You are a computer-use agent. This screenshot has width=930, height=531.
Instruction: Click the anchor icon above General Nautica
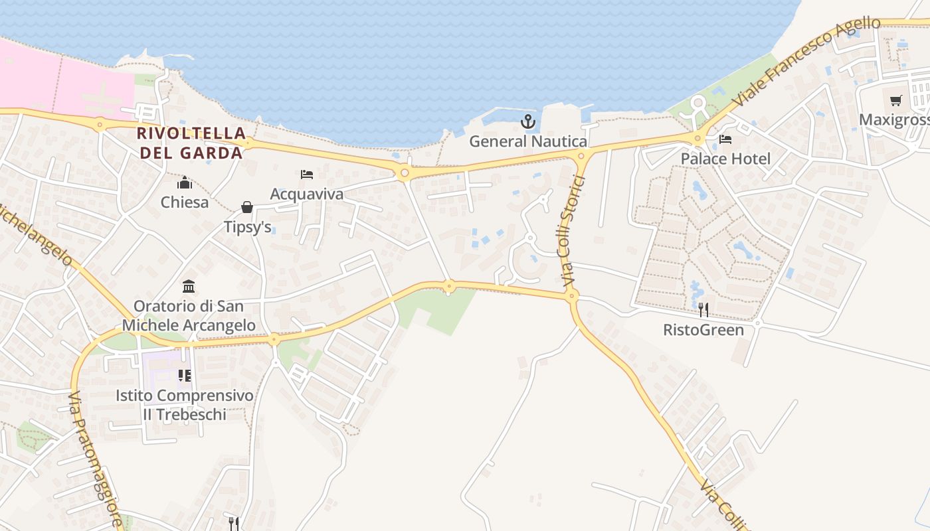(528, 121)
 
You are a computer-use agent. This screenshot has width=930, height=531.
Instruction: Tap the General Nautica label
(528, 141)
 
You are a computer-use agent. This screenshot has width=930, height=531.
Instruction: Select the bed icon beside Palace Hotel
(725, 139)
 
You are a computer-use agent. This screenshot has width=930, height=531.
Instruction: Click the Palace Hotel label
(725, 159)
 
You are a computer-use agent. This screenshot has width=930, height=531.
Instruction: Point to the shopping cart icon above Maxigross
(896, 101)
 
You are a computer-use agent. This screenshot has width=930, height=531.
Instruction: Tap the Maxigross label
(894, 119)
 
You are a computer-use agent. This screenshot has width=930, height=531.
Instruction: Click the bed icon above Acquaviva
(307, 175)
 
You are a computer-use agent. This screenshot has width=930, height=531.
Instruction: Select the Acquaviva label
(307, 194)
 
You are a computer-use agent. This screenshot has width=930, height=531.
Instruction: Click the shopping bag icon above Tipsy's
(247, 208)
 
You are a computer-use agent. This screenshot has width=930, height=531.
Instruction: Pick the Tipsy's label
(247, 227)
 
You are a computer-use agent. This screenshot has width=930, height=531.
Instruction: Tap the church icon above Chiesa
(185, 183)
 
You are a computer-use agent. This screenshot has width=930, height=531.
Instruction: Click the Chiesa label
(185, 202)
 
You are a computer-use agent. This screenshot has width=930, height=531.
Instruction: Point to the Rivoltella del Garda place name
(190, 143)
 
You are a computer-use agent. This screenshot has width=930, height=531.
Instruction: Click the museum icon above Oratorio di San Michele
(189, 287)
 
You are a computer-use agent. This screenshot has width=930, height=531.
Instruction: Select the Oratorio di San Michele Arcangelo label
(189, 316)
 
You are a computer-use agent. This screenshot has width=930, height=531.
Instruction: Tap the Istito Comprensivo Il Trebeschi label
(185, 405)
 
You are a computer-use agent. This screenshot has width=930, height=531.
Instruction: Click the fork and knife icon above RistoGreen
(703, 310)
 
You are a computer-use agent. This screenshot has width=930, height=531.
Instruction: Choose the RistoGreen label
(703, 329)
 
